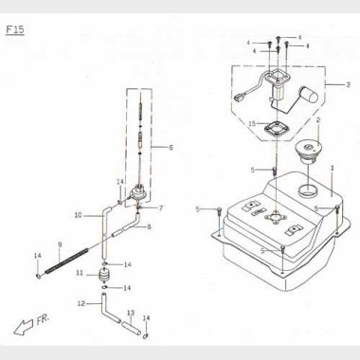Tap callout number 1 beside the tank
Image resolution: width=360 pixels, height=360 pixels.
(333, 167)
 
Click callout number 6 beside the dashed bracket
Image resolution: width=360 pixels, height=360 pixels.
(171, 148)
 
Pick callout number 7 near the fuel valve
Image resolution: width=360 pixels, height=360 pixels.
(160, 207)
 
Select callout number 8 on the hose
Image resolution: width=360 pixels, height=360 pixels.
(149, 227)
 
